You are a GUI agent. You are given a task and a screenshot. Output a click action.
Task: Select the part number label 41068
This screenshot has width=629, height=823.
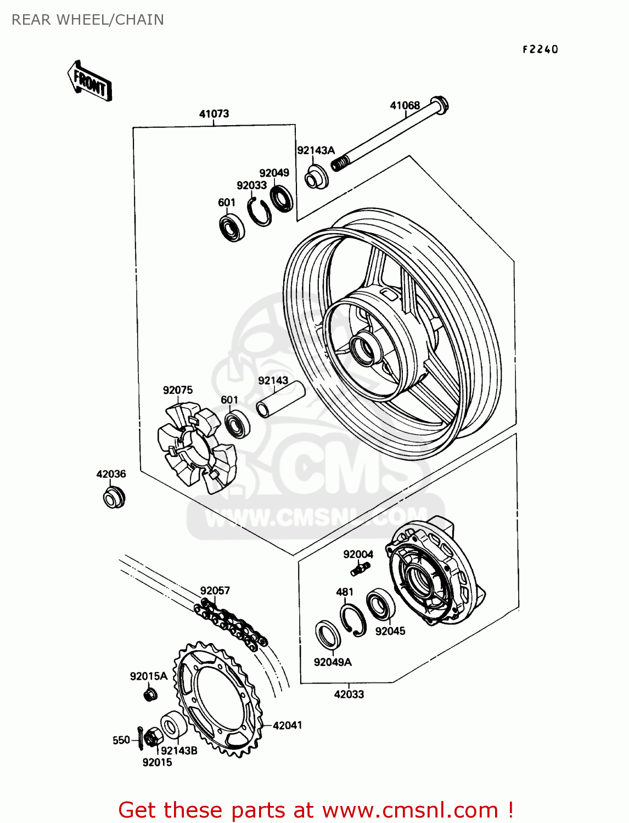[x=405, y=105]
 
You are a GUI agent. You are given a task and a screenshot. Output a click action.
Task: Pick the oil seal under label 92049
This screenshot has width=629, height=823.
[x=282, y=198]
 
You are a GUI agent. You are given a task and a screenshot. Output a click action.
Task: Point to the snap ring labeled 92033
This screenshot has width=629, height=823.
[x=259, y=211]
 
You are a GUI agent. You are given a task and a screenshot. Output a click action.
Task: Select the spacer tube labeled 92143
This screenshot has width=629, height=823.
[x=280, y=399]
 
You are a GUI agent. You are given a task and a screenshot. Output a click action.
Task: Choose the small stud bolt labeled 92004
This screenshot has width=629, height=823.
[x=360, y=569]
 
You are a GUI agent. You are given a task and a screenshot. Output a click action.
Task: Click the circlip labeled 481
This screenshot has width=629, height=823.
[x=352, y=619]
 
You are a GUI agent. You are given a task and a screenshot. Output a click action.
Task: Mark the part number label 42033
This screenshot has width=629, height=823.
[x=349, y=694]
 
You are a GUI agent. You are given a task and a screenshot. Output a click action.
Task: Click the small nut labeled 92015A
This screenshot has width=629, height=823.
[x=149, y=695]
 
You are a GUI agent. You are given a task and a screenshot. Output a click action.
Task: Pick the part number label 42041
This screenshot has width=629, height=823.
[x=287, y=725]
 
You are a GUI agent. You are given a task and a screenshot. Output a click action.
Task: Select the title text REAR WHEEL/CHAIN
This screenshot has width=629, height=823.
[x=88, y=20]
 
